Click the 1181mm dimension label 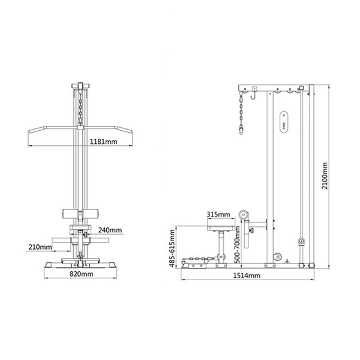click(103, 142)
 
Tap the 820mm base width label click(81, 274)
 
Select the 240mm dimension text click(110, 230)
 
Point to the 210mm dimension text click(40, 247)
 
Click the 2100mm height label click(325, 176)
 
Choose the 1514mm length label click(247, 275)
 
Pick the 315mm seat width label click(218, 214)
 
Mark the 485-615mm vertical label click(172, 248)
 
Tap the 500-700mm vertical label click(238, 245)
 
